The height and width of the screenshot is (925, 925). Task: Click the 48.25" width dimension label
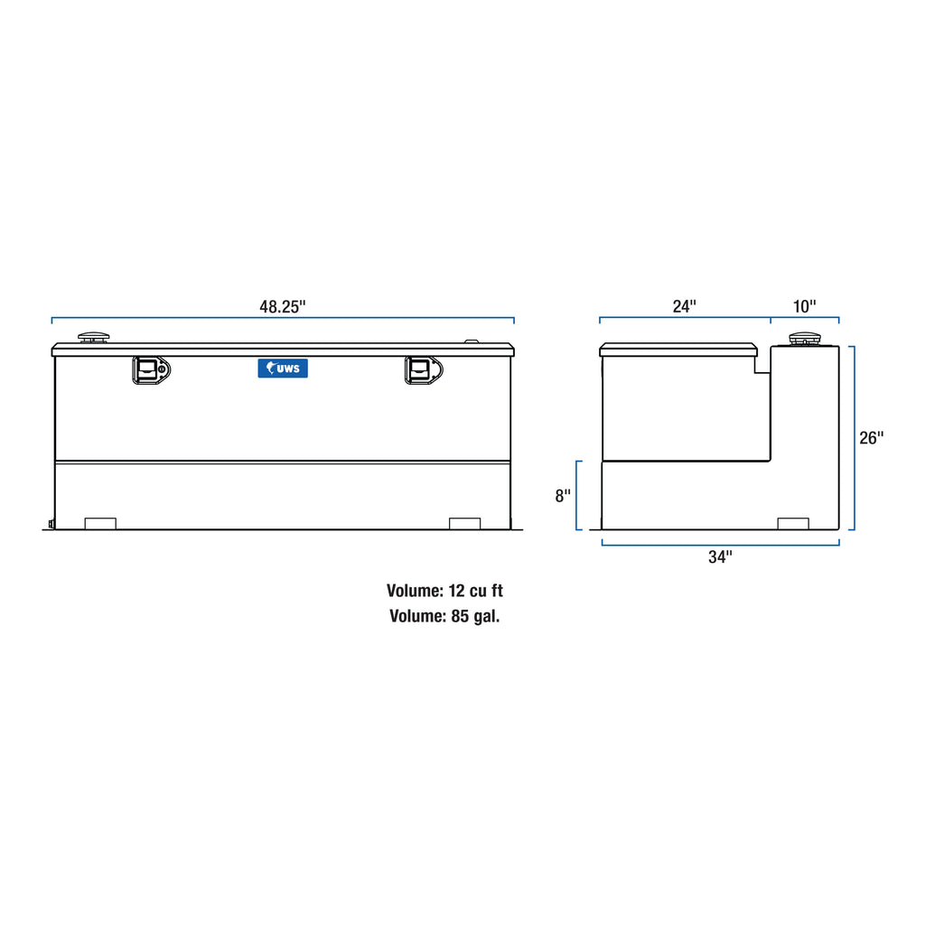283,306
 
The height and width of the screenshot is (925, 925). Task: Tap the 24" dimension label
685,306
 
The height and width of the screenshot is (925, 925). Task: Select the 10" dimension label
804,306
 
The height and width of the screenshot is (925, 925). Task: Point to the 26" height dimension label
871,438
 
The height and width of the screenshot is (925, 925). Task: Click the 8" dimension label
563,495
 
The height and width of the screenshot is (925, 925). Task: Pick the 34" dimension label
720,557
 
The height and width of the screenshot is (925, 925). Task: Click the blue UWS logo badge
283,368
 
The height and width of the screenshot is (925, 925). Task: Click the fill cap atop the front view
94,338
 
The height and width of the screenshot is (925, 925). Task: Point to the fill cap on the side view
802,340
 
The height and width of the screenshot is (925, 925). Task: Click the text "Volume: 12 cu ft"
444,592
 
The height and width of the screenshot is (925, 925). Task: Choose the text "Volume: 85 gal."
444,617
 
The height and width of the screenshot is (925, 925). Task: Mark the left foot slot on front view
100,523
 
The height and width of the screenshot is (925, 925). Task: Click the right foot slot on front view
464,523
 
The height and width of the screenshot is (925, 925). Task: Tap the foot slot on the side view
793,523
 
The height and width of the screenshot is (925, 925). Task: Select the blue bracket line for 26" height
854,438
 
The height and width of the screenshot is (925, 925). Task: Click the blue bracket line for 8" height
576,495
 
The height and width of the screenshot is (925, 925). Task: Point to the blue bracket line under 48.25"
283,318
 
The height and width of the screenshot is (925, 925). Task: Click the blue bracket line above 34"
720,544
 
